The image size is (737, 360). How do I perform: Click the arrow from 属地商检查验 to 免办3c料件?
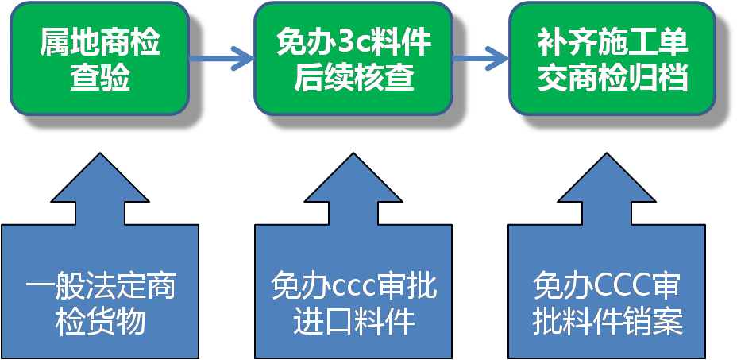pos(222,57)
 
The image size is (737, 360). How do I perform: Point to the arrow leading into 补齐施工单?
pos(480,57)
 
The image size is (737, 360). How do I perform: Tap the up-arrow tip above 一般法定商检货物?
pos(100,159)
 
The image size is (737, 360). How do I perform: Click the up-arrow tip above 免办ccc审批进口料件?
pos(353,159)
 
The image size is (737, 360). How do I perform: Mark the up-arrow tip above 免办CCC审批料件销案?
pos(607,159)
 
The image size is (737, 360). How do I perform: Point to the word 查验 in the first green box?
pos(100,78)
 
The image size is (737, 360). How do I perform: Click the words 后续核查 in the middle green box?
pos(353,78)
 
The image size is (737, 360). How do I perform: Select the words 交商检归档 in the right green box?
pos(612,78)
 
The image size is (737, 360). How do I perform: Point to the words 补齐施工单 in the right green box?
pos(612,43)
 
